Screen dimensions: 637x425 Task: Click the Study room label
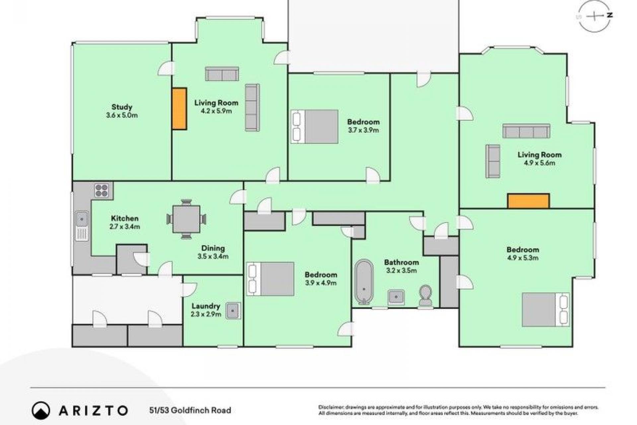pyautogui.click(x=122, y=107)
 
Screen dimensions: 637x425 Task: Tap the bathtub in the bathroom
pyautogui.click(x=364, y=282)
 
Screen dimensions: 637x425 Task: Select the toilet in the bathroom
pyautogui.click(x=425, y=295)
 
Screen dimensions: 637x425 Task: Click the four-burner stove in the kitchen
pyautogui.click(x=102, y=190)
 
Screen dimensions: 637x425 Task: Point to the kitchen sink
pyautogui.click(x=82, y=225)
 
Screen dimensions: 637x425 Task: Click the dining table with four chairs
pyautogui.click(x=186, y=219)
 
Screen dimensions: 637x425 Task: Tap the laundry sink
pyautogui.click(x=233, y=311)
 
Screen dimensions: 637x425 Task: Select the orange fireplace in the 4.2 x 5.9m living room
pyautogui.click(x=179, y=109)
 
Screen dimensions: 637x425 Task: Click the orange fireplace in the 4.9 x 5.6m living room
pyautogui.click(x=529, y=201)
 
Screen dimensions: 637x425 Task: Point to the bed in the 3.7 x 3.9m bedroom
pyautogui.click(x=315, y=127)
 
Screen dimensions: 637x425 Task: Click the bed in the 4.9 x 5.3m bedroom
pyautogui.click(x=546, y=310)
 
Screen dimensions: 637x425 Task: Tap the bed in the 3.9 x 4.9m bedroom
pyautogui.click(x=270, y=279)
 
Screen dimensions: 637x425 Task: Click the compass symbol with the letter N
pyautogui.click(x=596, y=16)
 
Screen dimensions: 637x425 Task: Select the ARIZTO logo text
pyautogui.click(x=93, y=410)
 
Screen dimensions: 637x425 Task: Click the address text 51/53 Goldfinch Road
pyautogui.click(x=190, y=410)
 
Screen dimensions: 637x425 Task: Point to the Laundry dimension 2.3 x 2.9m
pyautogui.click(x=206, y=314)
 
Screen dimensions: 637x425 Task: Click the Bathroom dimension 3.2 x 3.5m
pyautogui.click(x=401, y=270)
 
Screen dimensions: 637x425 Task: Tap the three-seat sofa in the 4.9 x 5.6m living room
pyautogui.click(x=526, y=131)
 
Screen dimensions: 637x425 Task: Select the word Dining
pyautogui.click(x=213, y=248)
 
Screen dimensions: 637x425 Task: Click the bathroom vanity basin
pyautogui.click(x=396, y=297)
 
